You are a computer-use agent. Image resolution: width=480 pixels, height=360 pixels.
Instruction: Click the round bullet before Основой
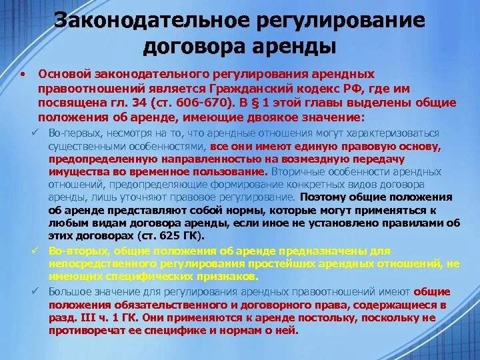click(23, 74)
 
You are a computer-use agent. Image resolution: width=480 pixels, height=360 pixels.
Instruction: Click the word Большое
click(69, 292)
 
